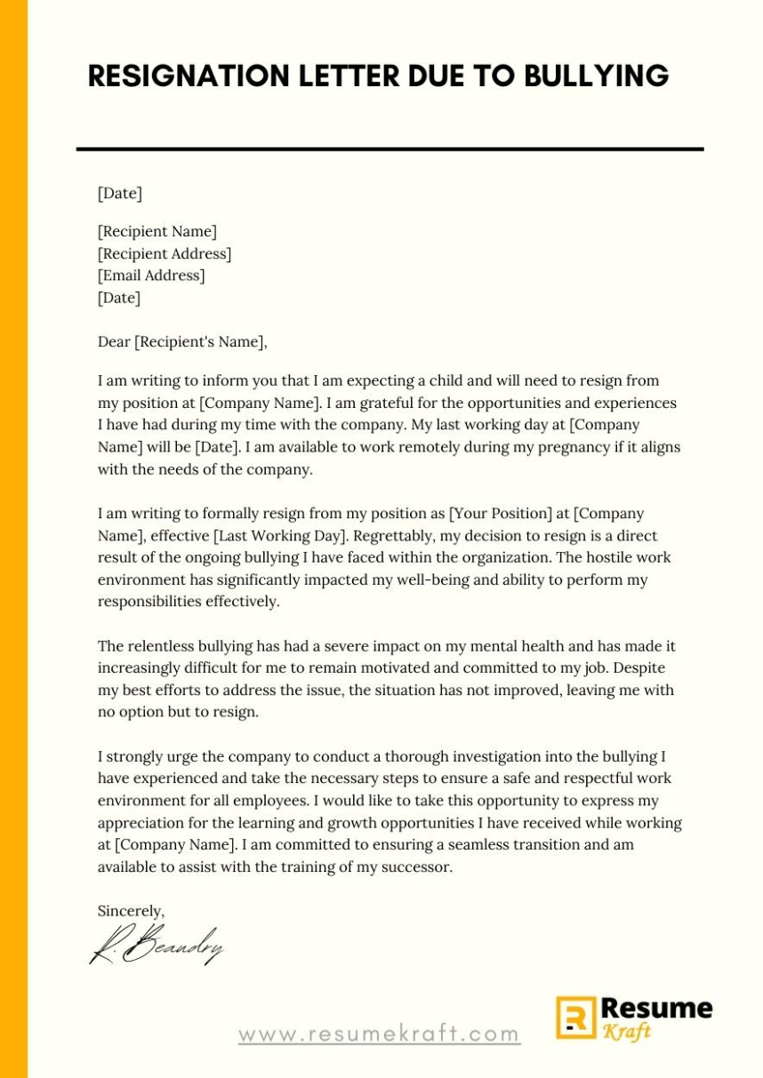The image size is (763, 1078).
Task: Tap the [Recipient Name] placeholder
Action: click(157, 232)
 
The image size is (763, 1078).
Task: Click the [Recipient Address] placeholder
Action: click(164, 254)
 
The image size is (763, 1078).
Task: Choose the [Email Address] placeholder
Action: click(151, 275)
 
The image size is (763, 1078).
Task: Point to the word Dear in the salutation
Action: click(114, 341)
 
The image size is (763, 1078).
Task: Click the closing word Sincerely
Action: click(131, 911)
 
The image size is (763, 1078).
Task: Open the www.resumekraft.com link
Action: click(379, 1034)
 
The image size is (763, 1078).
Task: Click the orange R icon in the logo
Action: click(575, 1018)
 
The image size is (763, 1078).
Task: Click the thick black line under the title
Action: click(390, 149)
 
